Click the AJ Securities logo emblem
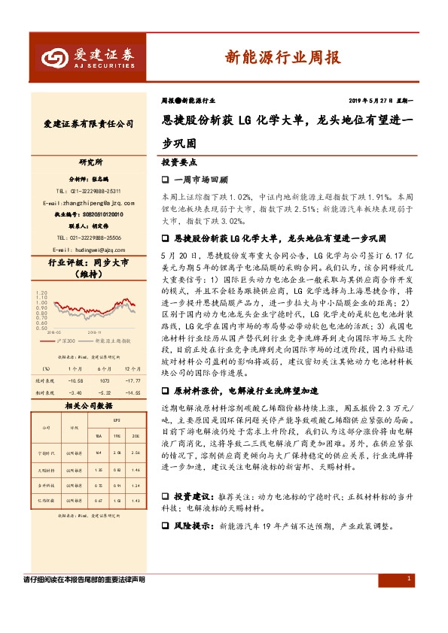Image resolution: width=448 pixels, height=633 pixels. coord(54,55)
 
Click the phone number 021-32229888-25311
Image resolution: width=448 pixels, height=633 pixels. coord(88,192)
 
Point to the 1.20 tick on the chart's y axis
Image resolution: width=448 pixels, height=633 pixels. coord(41,290)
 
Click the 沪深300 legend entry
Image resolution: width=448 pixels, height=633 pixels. coord(72,341)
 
